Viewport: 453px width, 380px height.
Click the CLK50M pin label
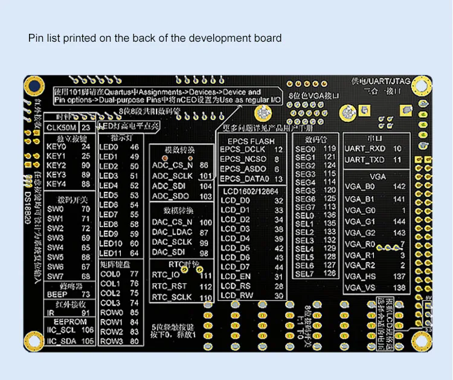[62, 127]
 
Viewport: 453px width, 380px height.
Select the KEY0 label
[56, 146]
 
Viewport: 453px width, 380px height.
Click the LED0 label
[108, 147]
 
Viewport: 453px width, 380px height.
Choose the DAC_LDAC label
[172, 232]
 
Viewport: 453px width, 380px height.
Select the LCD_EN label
[236, 276]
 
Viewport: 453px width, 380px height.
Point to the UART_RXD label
[365, 149]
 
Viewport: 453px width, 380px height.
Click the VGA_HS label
[360, 276]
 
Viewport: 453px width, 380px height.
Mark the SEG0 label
[305, 149]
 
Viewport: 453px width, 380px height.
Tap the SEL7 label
[305, 274]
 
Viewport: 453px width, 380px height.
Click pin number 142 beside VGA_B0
[399, 187]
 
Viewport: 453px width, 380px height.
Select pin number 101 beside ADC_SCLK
[205, 176]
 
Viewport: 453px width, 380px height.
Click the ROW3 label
[111, 341]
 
